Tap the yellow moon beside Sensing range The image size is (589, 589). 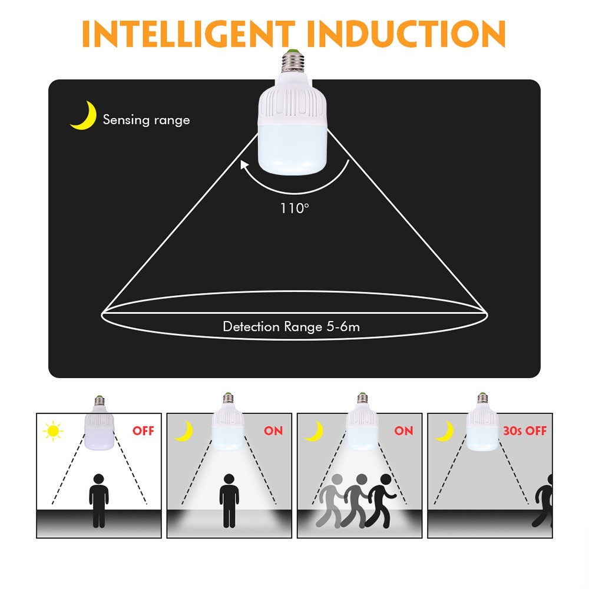(x=84, y=115)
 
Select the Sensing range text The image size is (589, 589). (x=146, y=120)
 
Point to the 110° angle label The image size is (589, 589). (x=294, y=208)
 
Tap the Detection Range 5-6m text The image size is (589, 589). (x=291, y=326)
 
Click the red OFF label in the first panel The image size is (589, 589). (x=143, y=431)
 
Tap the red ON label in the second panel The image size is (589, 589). (x=273, y=431)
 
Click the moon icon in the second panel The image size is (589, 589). (x=184, y=432)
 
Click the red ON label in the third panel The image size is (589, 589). (x=403, y=431)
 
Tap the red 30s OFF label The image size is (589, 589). (x=525, y=431)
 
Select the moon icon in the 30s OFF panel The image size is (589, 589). (x=445, y=432)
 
